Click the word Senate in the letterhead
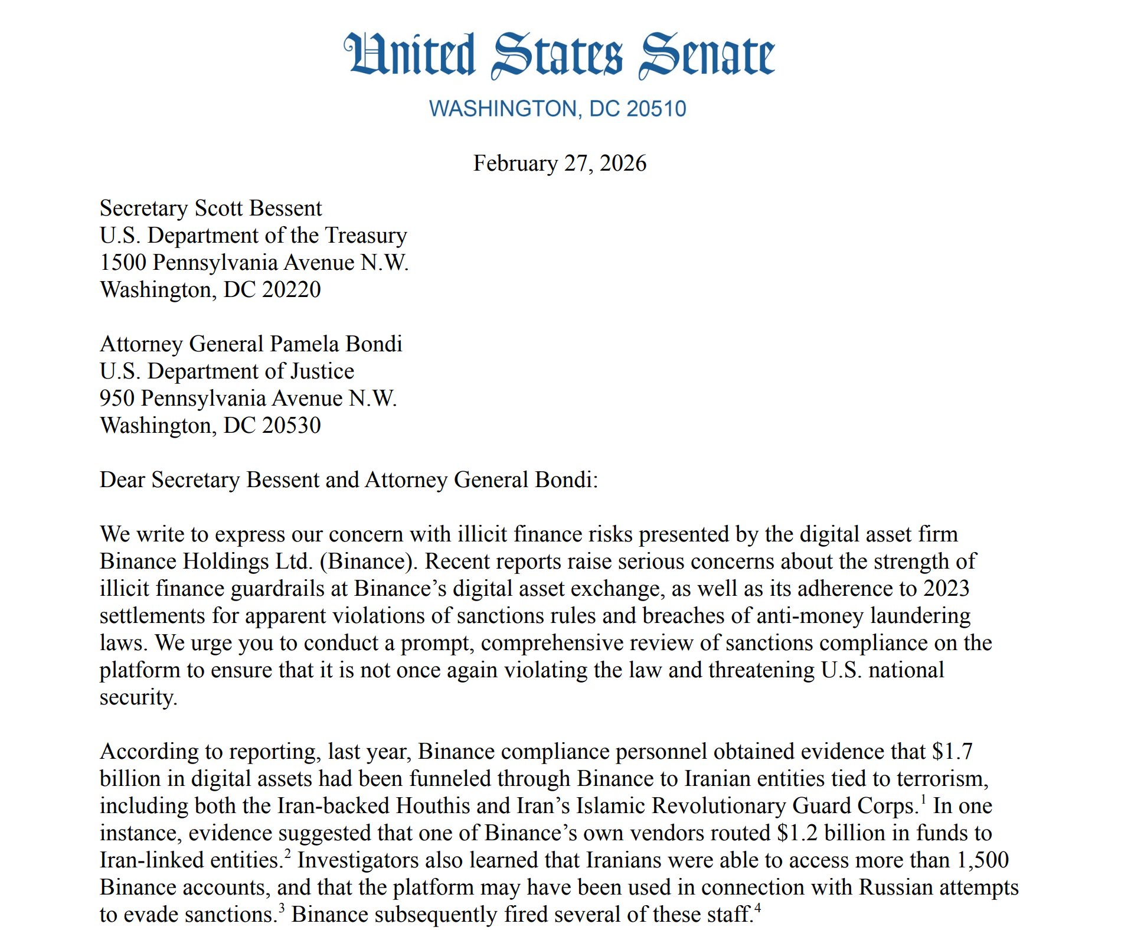point(706,55)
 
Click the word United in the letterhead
point(410,55)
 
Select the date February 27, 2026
point(560,164)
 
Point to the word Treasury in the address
point(366,236)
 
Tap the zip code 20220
point(291,290)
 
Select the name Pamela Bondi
point(336,344)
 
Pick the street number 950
point(117,399)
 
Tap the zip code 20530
point(291,426)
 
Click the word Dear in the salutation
point(122,480)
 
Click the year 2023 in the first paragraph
point(946,589)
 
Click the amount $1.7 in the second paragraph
point(952,752)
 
